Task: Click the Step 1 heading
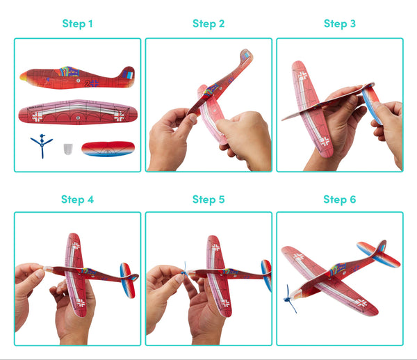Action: [x=77, y=24]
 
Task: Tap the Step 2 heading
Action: [x=208, y=24]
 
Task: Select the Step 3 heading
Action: [x=340, y=24]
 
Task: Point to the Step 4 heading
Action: [x=77, y=199]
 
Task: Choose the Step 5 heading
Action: [x=208, y=199]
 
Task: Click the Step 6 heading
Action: [x=340, y=199]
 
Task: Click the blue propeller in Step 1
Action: [x=41, y=146]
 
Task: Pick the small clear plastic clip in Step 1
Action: [x=67, y=149]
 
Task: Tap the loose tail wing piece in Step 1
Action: [x=108, y=148]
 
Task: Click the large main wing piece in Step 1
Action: [x=77, y=113]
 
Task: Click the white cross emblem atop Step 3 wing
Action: [x=303, y=74]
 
